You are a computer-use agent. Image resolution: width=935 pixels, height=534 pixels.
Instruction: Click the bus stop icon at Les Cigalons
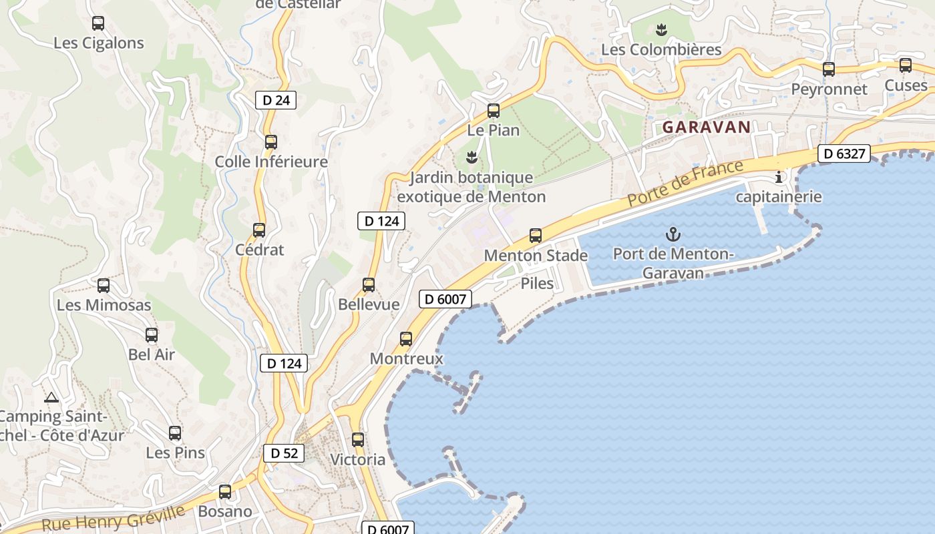[x=98, y=23]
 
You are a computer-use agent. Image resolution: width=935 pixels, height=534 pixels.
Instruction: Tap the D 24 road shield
[x=275, y=101]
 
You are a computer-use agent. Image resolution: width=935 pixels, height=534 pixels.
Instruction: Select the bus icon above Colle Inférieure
[x=270, y=142]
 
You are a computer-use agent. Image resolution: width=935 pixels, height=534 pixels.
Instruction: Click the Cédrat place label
[x=260, y=250]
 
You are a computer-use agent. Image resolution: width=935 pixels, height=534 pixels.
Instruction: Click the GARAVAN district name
[x=706, y=127]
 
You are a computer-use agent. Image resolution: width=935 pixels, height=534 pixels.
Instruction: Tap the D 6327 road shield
[x=844, y=154]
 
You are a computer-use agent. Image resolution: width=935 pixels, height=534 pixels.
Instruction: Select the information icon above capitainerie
[x=778, y=177]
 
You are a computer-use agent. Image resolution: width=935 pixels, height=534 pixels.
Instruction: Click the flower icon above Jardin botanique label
[x=472, y=158]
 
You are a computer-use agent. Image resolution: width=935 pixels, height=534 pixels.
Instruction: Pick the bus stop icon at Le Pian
[x=494, y=111]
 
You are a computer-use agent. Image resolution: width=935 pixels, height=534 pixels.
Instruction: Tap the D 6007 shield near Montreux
[x=445, y=299]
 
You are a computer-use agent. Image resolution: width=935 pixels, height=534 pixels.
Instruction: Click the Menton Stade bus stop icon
[x=536, y=235]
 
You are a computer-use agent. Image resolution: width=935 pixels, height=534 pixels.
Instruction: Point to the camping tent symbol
[x=51, y=397]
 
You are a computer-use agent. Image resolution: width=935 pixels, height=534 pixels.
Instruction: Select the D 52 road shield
[x=284, y=453]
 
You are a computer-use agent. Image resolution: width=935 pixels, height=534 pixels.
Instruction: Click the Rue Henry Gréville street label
[x=114, y=518]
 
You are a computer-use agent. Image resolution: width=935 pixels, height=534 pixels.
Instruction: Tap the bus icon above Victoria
[x=358, y=440]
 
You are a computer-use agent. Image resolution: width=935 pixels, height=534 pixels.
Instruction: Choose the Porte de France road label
[x=685, y=183]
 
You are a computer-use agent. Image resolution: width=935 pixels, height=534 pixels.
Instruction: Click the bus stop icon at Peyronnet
[x=829, y=69]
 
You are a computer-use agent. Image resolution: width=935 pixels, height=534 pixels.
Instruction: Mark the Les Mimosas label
[x=104, y=305]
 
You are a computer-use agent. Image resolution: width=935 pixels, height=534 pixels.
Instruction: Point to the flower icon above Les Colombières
[x=661, y=29]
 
